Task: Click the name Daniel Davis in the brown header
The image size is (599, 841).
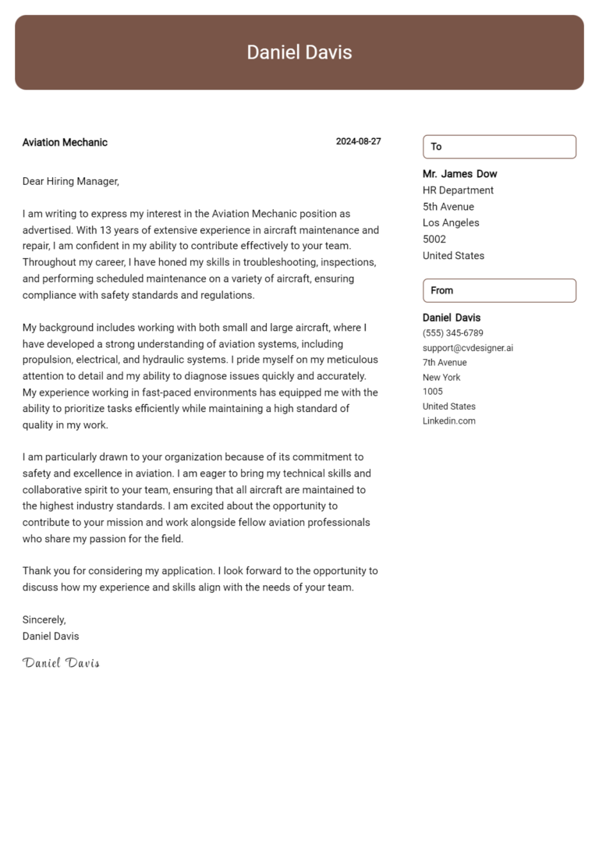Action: click(299, 52)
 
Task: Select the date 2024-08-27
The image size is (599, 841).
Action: click(358, 142)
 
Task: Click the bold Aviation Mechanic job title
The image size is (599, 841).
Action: click(65, 142)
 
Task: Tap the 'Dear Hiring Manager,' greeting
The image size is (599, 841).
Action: click(70, 181)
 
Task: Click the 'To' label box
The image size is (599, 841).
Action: click(499, 147)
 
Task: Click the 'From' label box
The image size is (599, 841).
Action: click(499, 290)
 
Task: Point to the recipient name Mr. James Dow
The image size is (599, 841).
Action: click(459, 174)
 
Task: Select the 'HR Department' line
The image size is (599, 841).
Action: click(458, 190)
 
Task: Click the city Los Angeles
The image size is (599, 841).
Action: click(451, 223)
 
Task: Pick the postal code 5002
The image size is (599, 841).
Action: click(434, 240)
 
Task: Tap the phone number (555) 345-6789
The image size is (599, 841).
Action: click(452, 333)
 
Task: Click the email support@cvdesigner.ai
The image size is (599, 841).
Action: click(468, 348)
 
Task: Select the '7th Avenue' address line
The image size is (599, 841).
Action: click(445, 363)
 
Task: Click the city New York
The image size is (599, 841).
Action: click(441, 378)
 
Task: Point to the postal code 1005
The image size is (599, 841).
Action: click(432, 392)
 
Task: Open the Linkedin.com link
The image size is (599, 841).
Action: click(448, 421)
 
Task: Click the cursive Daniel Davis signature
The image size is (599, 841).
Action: click(61, 662)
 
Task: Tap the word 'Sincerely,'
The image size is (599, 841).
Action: click(44, 619)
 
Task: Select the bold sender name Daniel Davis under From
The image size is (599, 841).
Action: click(452, 318)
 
